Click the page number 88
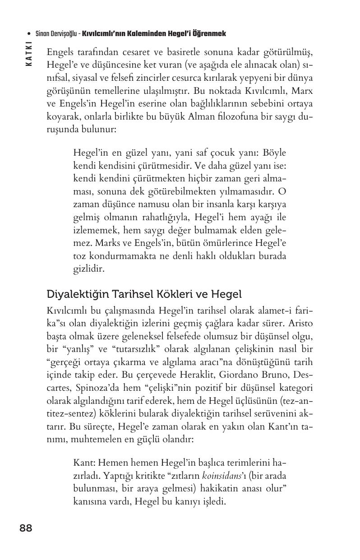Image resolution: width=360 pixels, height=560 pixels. (26, 528)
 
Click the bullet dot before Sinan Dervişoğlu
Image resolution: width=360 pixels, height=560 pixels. (29, 34)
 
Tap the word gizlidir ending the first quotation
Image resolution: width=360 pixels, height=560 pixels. (88, 269)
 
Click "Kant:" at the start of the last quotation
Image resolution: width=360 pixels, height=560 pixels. (83, 463)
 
